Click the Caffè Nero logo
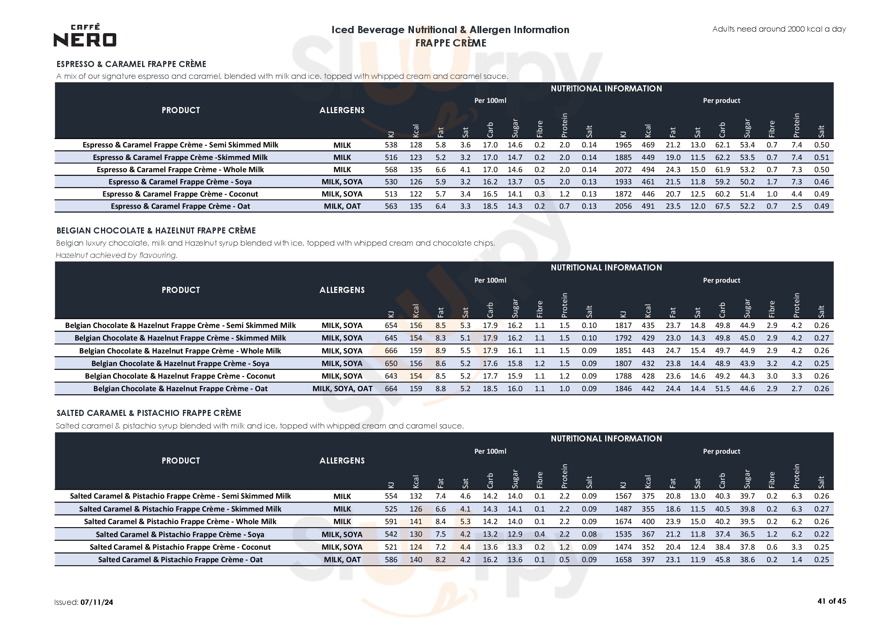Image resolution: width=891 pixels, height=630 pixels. click(x=85, y=35)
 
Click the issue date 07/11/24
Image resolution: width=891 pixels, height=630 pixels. click(x=97, y=602)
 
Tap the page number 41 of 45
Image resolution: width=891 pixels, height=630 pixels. click(x=831, y=601)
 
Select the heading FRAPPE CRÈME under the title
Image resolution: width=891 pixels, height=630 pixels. click(x=450, y=43)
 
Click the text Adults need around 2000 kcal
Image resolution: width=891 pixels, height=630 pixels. click(x=779, y=29)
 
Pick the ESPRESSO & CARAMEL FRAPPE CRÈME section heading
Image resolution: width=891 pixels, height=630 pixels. click(x=131, y=64)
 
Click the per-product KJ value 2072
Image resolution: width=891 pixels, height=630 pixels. click(x=623, y=169)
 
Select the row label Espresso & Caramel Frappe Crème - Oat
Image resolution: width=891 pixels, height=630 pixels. click(x=181, y=206)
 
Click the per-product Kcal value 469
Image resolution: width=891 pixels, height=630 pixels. click(x=648, y=145)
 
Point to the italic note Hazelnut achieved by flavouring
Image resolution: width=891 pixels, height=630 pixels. click(x=116, y=255)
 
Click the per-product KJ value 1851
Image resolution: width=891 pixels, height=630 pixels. click(x=623, y=350)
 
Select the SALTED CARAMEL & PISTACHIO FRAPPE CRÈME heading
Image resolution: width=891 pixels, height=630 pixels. click(x=149, y=413)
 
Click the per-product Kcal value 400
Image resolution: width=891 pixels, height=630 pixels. click(x=648, y=521)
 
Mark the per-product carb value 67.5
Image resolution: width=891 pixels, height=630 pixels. click(x=722, y=206)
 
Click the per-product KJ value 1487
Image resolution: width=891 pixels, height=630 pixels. click(x=623, y=508)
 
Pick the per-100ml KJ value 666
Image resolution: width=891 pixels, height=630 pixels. click(x=391, y=350)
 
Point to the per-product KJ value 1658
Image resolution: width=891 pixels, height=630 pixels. click(x=623, y=560)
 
